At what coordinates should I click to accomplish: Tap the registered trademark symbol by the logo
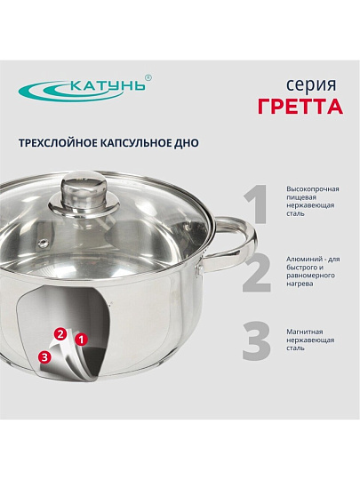(148, 77)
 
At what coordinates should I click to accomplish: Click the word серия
(311, 85)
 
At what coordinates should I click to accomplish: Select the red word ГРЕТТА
(300, 107)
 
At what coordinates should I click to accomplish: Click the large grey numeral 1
(256, 204)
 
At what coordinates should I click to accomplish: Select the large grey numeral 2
(257, 273)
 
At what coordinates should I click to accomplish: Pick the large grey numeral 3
(257, 340)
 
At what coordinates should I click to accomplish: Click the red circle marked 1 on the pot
(82, 340)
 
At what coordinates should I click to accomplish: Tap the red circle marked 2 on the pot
(60, 334)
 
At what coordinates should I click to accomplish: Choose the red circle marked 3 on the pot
(45, 357)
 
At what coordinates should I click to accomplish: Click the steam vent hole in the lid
(43, 243)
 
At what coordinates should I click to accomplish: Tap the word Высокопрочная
(313, 189)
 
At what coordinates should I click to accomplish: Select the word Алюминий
(304, 260)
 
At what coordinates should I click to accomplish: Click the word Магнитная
(305, 332)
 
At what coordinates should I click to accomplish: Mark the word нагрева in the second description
(300, 284)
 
